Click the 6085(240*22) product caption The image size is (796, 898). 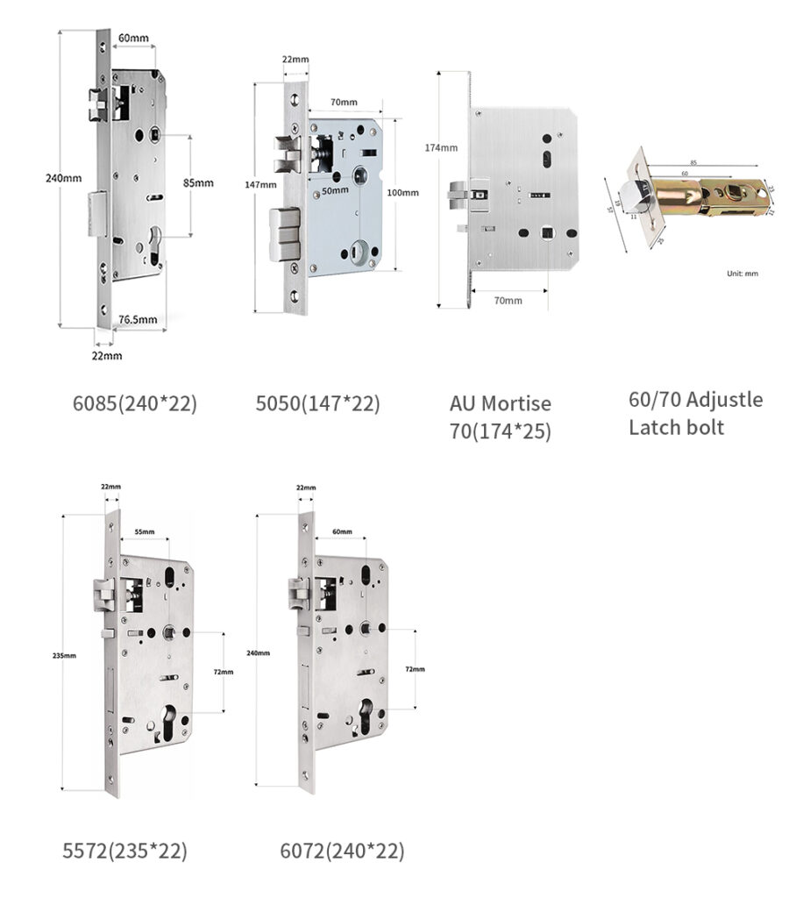(134, 403)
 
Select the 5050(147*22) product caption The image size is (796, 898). (317, 403)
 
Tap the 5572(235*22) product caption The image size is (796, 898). (124, 851)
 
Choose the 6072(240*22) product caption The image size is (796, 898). (342, 851)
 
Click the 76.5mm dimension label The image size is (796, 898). (138, 319)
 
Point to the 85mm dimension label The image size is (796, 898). (198, 182)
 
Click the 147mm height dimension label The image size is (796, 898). (260, 184)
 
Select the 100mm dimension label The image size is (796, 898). (402, 192)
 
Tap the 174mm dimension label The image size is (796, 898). (441, 147)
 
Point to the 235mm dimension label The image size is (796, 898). (64, 655)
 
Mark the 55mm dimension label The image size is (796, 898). (145, 532)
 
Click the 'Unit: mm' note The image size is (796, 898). (743, 274)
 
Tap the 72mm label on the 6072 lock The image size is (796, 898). (414, 668)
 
